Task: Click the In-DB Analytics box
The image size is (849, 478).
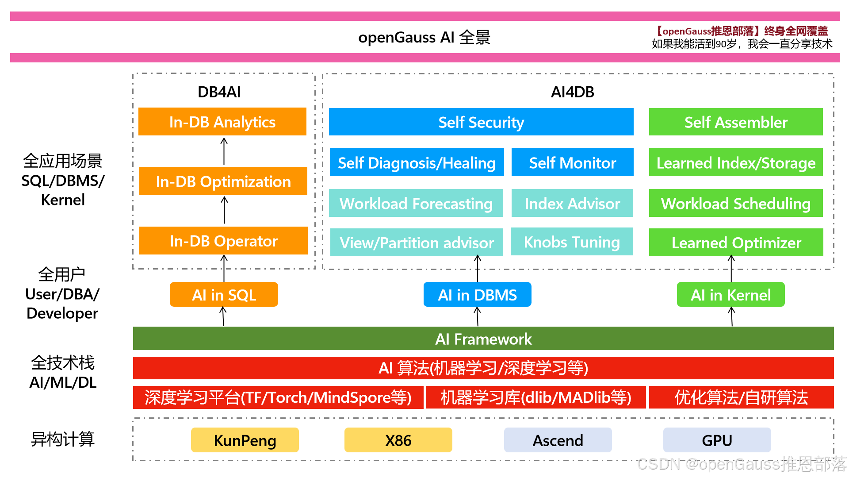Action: pos(222,122)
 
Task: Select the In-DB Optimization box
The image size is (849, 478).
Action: pos(223,181)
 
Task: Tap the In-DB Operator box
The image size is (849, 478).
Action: pos(223,241)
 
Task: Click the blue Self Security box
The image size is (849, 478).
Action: pos(481,122)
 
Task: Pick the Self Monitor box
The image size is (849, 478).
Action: pos(572,162)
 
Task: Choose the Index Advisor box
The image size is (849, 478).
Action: pos(572,203)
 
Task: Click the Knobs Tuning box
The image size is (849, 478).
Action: pos(572,242)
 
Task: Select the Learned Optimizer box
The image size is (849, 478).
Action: pos(736,243)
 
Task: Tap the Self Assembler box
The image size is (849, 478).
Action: pos(736,122)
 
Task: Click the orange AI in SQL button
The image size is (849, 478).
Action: pos(224,295)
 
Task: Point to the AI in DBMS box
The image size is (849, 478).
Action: pos(477,295)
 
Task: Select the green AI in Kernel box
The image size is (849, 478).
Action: pos(730,295)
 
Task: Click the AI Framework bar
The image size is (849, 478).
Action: pos(483,339)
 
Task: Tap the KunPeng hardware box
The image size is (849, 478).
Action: pos(245,440)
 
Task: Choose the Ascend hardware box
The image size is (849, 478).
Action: pos(558,440)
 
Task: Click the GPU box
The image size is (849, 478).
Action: pos(717,440)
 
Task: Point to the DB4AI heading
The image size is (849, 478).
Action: pos(219,92)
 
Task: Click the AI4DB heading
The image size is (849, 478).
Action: pos(572,92)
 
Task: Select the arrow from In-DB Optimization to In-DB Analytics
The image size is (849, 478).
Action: pos(224,151)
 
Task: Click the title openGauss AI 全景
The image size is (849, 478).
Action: pos(424,37)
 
